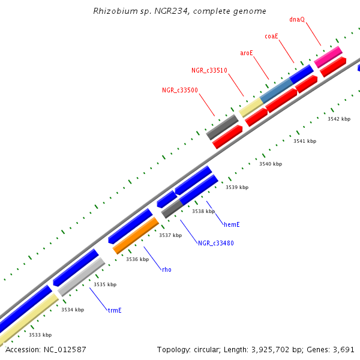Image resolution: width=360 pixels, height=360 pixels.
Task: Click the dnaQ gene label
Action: (x=297, y=19)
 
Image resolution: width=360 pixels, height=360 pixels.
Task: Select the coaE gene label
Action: (x=272, y=37)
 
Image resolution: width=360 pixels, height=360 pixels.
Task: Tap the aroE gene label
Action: (x=247, y=53)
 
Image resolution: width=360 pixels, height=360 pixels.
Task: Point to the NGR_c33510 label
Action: (x=209, y=71)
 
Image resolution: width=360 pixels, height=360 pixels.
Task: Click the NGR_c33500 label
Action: (x=180, y=91)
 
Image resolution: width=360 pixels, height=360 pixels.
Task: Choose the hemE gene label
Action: (x=232, y=224)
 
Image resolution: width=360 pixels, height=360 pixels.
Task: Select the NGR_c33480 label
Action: (x=216, y=243)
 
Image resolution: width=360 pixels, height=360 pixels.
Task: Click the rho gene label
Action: (x=167, y=269)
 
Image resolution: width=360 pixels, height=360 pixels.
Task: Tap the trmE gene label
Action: (x=115, y=310)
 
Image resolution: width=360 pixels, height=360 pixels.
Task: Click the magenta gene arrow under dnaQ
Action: (x=328, y=56)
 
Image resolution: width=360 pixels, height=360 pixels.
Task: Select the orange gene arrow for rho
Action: (x=136, y=236)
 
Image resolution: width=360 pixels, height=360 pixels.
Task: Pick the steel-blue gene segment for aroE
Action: (x=275, y=89)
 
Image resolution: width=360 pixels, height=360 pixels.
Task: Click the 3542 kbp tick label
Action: (x=338, y=119)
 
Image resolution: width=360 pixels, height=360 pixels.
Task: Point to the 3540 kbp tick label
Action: (x=270, y=164)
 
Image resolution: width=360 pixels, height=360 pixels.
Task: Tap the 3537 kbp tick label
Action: (x=170, y=235)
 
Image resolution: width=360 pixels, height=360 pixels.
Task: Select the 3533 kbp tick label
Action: (x=40, y=335)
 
